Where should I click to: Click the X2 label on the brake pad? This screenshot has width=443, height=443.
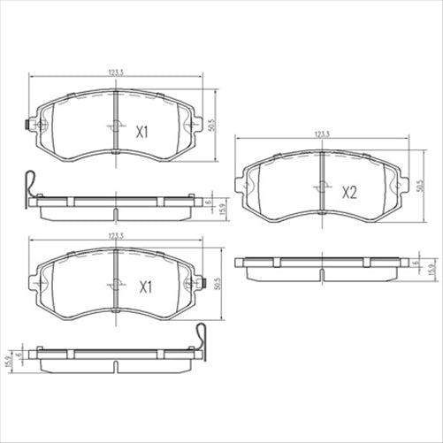pyautogui.click(x=348, y=192)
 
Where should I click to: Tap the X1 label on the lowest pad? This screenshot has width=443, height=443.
pyautogui.click(x=144, y=286)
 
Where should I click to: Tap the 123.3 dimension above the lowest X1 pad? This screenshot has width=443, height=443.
pyautogui.click(x=115, y=235)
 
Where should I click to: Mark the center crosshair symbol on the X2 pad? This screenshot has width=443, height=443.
pyautogui.click(x=321, y=187)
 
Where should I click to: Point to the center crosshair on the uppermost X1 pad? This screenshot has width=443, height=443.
pyautogui.click(x=117, y=126)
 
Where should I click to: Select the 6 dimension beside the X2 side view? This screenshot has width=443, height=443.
pyautogui.click(x=416, y=263)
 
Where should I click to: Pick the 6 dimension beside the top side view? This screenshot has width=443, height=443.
pyautogui.click(x=210, y=203)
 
